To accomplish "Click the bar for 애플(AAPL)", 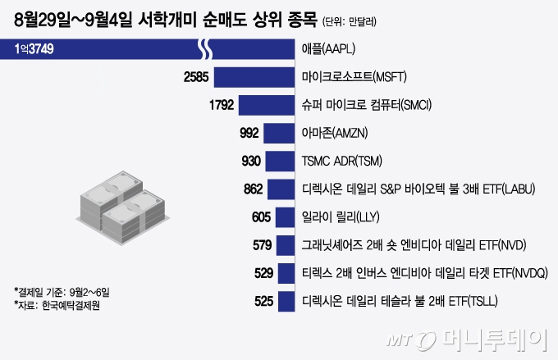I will click(x=148, y=49).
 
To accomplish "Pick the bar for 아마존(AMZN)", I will click(x=281, y=133).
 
